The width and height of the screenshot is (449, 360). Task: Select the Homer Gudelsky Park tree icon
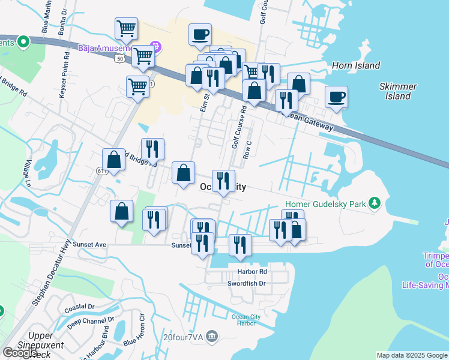pos(375,204)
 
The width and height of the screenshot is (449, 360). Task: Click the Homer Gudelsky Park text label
pos(325,204)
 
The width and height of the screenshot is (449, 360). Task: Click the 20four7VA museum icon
pos(211,337)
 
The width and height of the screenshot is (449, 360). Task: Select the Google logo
pos(20,353)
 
